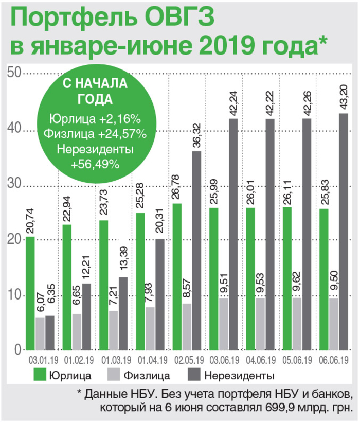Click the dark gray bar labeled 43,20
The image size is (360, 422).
[x=343, y=232]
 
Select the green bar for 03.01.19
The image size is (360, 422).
[x=30, y=293]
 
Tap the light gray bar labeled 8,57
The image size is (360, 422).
[x=187, y=327]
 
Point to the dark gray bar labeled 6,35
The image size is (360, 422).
[x=50, y=333]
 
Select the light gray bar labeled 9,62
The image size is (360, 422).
[x=297, y=324]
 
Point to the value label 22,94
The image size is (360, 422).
[x=67, y=210]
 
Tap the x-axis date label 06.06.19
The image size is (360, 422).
[x=334, y=359]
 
